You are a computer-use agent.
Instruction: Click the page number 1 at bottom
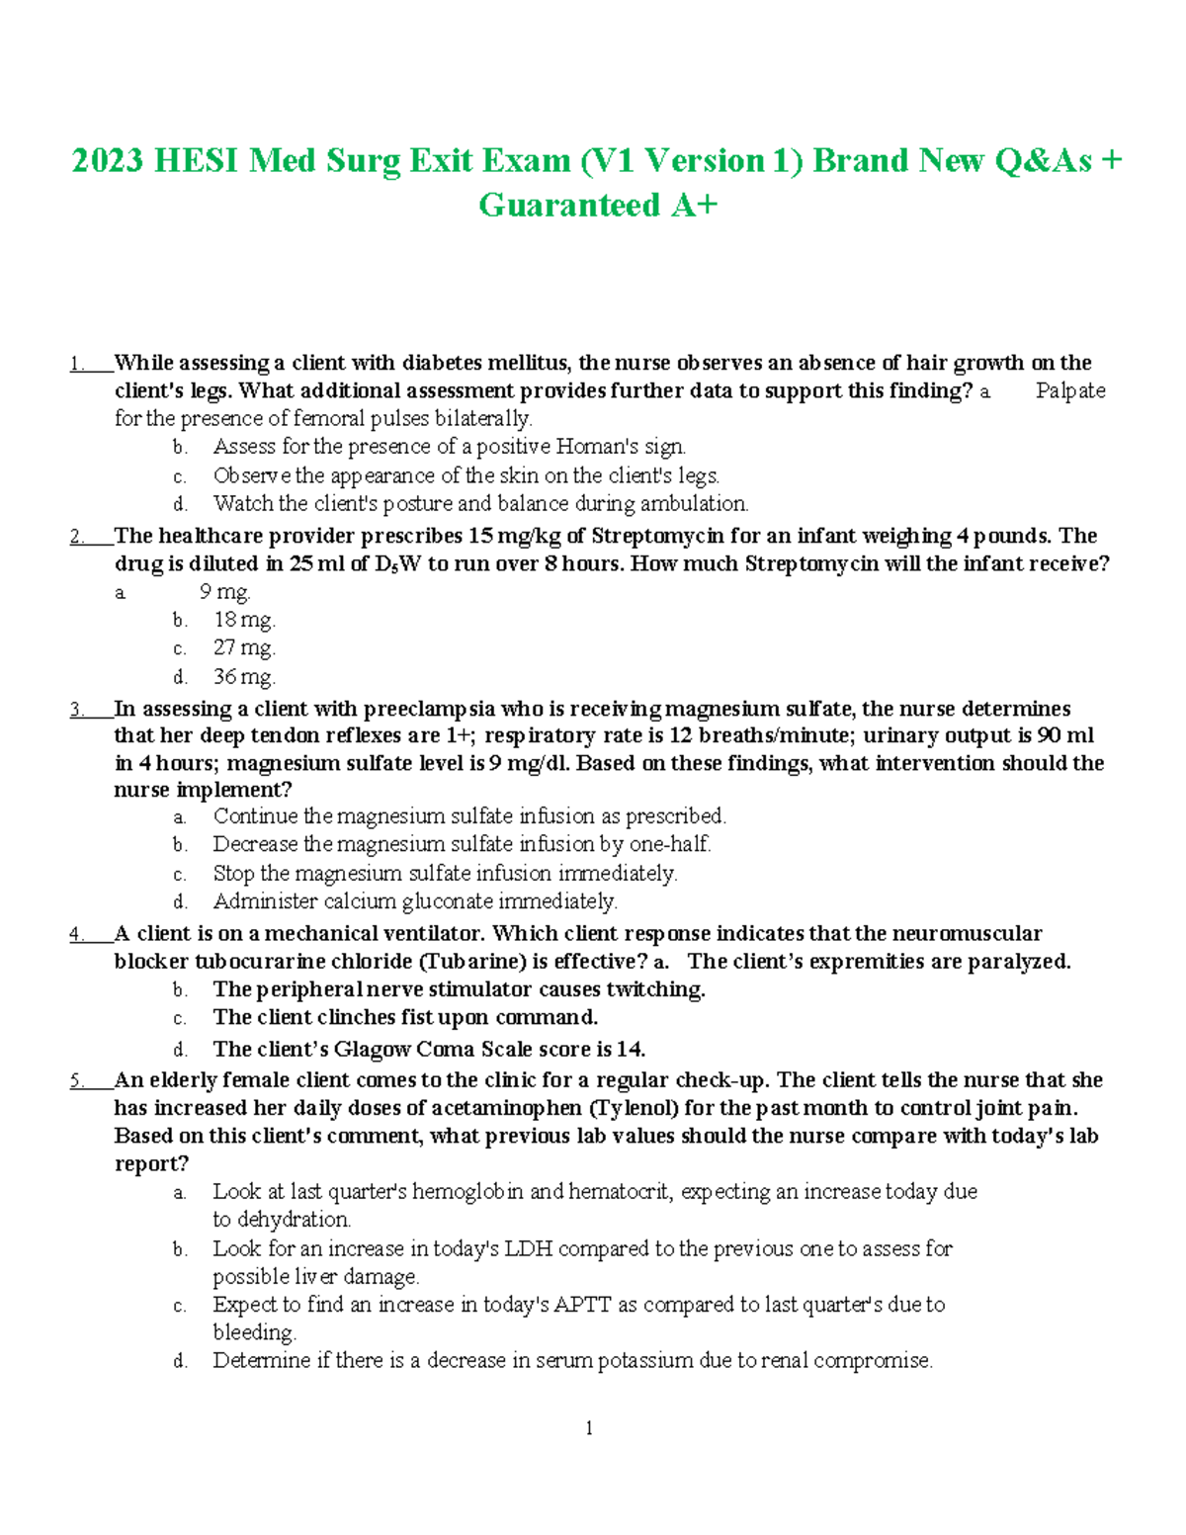tap(589, 1427)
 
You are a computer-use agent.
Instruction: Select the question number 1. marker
tap(76, 364)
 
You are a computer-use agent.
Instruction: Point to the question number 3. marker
tap(76, 710)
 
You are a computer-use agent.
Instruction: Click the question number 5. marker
tap(76, 1080)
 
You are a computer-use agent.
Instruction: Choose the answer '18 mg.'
tap(244, 620)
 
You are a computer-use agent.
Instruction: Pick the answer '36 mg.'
tap(244, 677)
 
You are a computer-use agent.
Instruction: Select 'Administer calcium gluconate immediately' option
tap(414, 901)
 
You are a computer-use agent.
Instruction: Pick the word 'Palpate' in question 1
tap(1069, 391)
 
